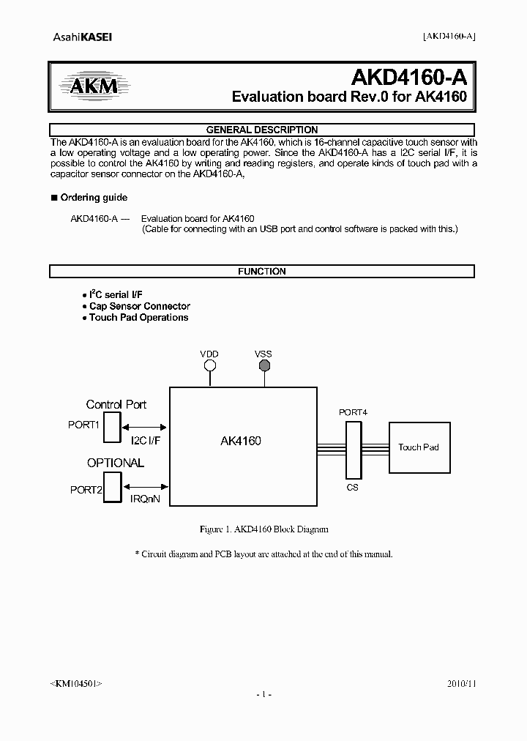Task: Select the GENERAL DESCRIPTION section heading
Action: [x=261, y=130]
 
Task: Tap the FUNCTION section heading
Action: [x=261, y=271]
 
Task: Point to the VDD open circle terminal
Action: [x=209, y=365]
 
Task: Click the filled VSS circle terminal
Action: [x=263, y=365]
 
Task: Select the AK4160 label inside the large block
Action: [x=241, y=441]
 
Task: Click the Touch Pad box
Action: [x=418, y=447]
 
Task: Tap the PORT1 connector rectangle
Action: [x=112, y=427]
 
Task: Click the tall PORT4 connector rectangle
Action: [x=353, y=447]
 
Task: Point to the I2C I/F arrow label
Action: [x=146, y=441]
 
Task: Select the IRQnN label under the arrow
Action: [x=145, y=499]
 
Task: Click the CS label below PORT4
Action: [x=353, y=487]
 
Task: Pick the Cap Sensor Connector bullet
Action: [x=139, y=306]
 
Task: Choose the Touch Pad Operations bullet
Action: [x=138, y=318]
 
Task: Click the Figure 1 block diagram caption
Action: [x=263, y=529]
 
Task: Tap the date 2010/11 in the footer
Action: [x=461, y=682]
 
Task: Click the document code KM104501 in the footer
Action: [x=76, y=682]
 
